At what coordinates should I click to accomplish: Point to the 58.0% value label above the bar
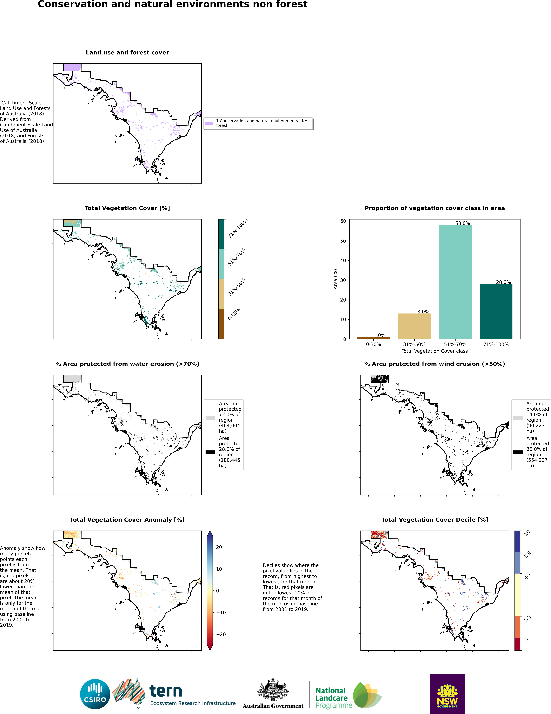tap(462, 223)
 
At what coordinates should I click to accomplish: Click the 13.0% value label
tap(422, 312)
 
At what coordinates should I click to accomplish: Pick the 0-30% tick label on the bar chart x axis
tap(373, 344)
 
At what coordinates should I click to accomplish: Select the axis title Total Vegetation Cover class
tap(434, 351)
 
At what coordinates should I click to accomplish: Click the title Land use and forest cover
tap(127, 53)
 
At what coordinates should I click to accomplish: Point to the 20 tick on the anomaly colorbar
tap(219, 547)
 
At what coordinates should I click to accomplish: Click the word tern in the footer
tap(166, 691)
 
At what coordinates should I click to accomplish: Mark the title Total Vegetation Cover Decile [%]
tap(434, 520)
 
